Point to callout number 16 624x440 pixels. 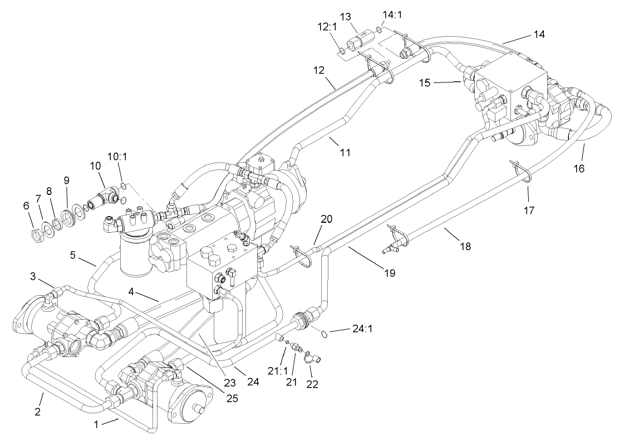point(579,168)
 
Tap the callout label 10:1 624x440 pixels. point(117,158)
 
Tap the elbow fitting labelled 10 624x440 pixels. point(106,196)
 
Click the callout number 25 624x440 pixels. point(233,399)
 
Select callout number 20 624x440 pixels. point(326,219)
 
